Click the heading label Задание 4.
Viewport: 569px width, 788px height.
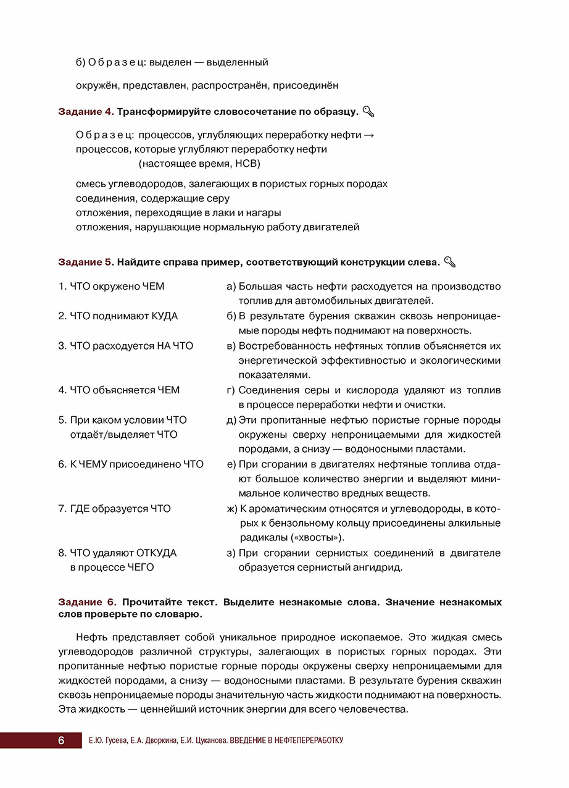(x=86, y=112)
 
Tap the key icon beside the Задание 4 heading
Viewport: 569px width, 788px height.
(x=368, y=112)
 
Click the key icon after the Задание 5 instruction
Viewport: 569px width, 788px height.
(x=450, y=262)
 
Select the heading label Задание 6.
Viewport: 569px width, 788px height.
(x=87, y=601)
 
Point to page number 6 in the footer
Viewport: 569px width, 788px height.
(x=61, y=740)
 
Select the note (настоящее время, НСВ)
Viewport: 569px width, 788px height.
(x=199, y=164)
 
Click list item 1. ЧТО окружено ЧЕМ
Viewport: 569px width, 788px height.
(x=111, y=287)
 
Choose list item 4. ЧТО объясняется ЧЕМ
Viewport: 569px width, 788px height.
(x=119, y=390)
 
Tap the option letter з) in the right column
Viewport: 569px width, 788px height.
(x=232, y=553)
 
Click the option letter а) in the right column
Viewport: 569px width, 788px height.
(x=232, y=287)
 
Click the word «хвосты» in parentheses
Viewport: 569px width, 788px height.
(x=317, y=537)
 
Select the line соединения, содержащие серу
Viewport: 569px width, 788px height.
(x=152, y=198)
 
